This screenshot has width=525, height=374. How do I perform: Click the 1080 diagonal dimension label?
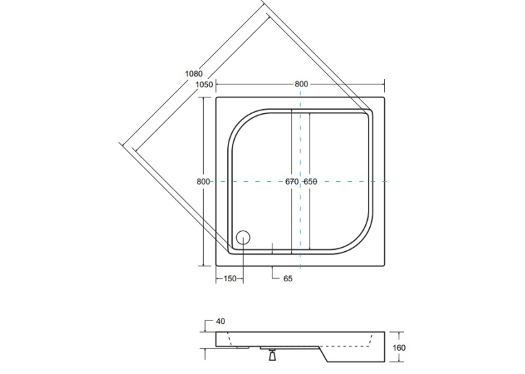coord(194,73)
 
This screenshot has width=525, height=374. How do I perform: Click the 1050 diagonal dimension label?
coord(205,84)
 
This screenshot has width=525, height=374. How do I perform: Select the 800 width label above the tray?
coord(301,84)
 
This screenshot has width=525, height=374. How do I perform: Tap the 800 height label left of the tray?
coord(203,181)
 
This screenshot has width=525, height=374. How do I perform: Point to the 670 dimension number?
coord(292,181)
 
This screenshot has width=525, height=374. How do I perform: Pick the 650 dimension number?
coord(310,181)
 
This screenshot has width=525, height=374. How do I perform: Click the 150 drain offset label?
coord(230,279)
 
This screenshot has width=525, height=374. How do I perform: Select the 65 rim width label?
coord(288,279)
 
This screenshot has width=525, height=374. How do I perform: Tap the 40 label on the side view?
coord(221,321)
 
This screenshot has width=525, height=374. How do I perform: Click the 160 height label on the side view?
coord(399,348)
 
